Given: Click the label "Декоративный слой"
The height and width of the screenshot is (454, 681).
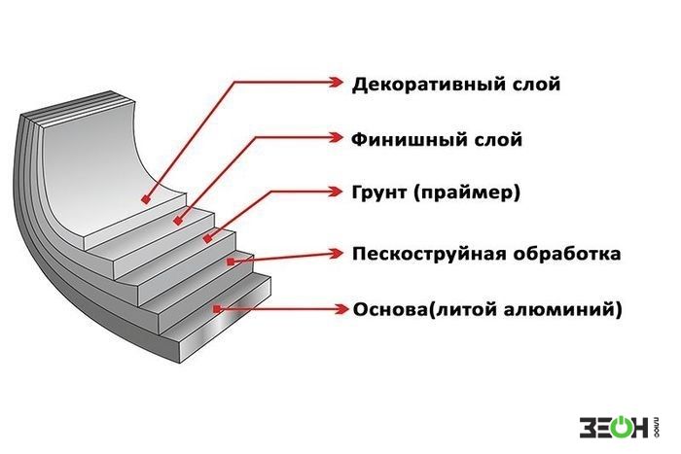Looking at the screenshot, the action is (x=455, y=85).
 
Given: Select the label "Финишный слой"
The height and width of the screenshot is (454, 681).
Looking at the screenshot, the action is (x=437, y=140).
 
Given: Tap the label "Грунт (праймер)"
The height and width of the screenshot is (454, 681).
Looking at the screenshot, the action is (x=436, y=192).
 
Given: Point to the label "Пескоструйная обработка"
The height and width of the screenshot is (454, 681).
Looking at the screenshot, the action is (x=486, y=254).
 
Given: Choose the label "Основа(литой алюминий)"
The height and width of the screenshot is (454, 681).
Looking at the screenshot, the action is (x=487, y=310).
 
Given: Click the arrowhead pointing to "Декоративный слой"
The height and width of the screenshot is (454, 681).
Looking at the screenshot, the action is (x=336, y=82).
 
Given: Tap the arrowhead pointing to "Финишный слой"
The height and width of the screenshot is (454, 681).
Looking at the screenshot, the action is (x=336, y=138).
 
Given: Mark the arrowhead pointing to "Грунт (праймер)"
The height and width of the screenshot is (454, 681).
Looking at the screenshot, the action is (x=336, y=192).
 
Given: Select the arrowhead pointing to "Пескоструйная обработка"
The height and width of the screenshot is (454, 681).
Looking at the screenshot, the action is (x=336, y=254).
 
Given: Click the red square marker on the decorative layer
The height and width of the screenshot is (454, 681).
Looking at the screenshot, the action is (x=146, y=199).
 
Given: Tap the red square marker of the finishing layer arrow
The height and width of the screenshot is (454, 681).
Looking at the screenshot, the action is (x=177, y=221).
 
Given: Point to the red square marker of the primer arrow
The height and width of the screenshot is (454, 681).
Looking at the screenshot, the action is (x=207, y=238).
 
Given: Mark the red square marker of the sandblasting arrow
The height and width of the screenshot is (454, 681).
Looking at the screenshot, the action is (x=231, y=262).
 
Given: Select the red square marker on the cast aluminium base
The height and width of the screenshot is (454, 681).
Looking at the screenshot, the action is (x=218, y=309).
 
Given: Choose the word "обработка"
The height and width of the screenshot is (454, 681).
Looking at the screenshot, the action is (x=567, y=254).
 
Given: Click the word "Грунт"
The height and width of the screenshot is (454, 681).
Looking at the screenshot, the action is (x=379, y=192).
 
